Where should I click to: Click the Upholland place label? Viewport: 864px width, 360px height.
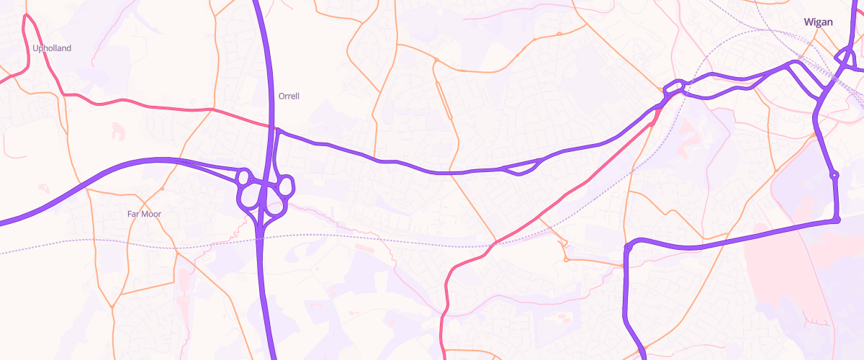click(52, 48)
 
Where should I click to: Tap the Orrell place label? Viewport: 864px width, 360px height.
click(288, 96)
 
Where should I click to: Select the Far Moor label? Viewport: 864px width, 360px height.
click(144, 214)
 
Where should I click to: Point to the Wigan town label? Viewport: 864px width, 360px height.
click(818, 22)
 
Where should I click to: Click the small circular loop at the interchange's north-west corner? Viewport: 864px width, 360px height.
click(243, 176)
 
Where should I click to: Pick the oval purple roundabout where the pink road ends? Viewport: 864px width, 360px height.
click(673, 87)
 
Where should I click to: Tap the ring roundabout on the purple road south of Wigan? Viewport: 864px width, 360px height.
click(834, 175)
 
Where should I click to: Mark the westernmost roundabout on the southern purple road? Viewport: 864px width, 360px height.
click(628, 247)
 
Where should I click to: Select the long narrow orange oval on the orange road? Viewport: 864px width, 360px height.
click(444, 101)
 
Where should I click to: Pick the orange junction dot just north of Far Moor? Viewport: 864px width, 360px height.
click(163, 189)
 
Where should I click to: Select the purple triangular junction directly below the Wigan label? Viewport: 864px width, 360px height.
click(844, 55)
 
